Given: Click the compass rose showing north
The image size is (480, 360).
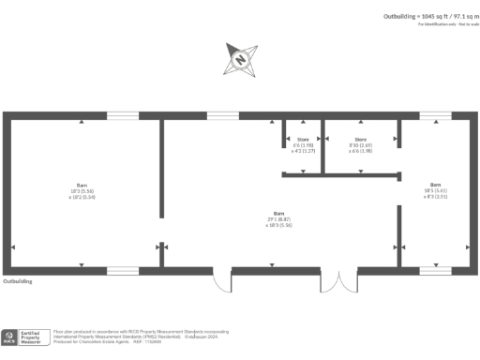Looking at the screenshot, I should click(x=240, y=60).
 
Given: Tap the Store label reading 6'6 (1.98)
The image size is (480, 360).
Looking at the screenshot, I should click(x=302, y=144).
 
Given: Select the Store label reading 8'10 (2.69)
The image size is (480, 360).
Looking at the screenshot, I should click(x=361, y=144).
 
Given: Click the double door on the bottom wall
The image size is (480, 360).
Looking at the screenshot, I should click(x=338, y=279).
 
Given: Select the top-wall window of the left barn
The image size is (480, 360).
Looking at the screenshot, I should click(x=123, y=116).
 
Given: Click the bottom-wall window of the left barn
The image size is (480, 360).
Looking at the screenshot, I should click(x=123, y=271).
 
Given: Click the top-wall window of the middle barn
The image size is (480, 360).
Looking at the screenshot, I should click(x=222, y=116).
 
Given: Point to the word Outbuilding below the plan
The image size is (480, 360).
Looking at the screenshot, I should click(x=18, y=280).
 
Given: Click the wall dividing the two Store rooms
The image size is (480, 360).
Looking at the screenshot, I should click(x=322, y=146).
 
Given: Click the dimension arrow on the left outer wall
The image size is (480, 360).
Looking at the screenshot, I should click(x=12, y=246).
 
